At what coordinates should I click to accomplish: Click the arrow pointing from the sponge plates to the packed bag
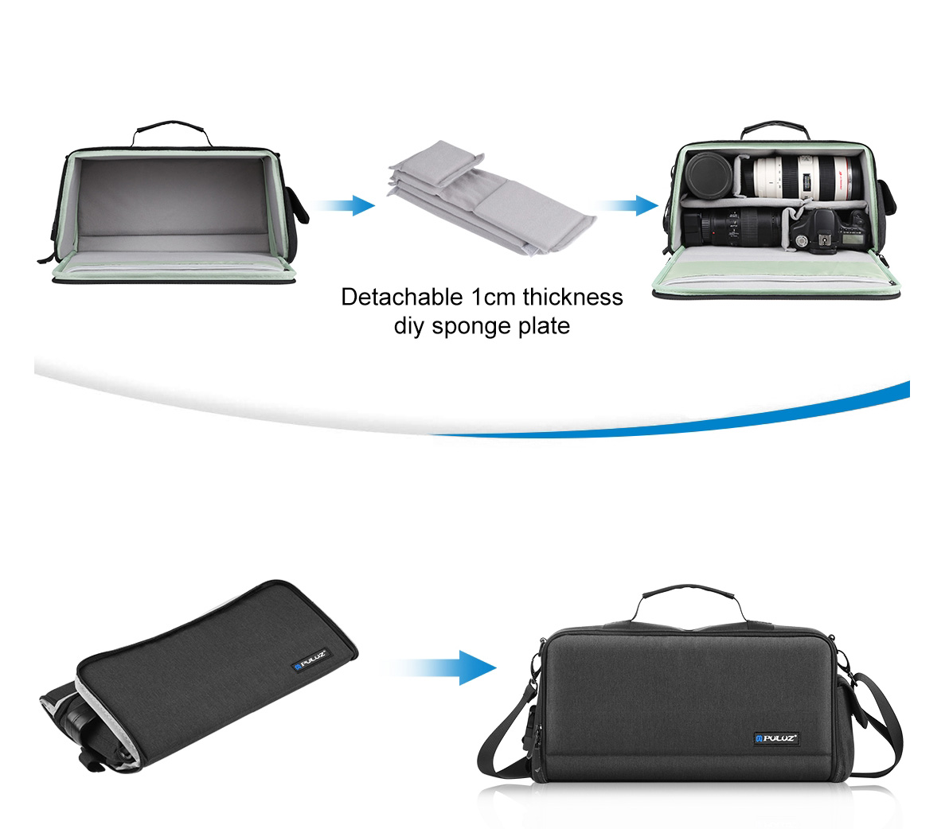[633, 205]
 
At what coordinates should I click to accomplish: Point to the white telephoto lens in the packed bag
[804, 177]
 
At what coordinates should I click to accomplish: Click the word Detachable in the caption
[401, 298]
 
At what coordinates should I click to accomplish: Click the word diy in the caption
[409, 327]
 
